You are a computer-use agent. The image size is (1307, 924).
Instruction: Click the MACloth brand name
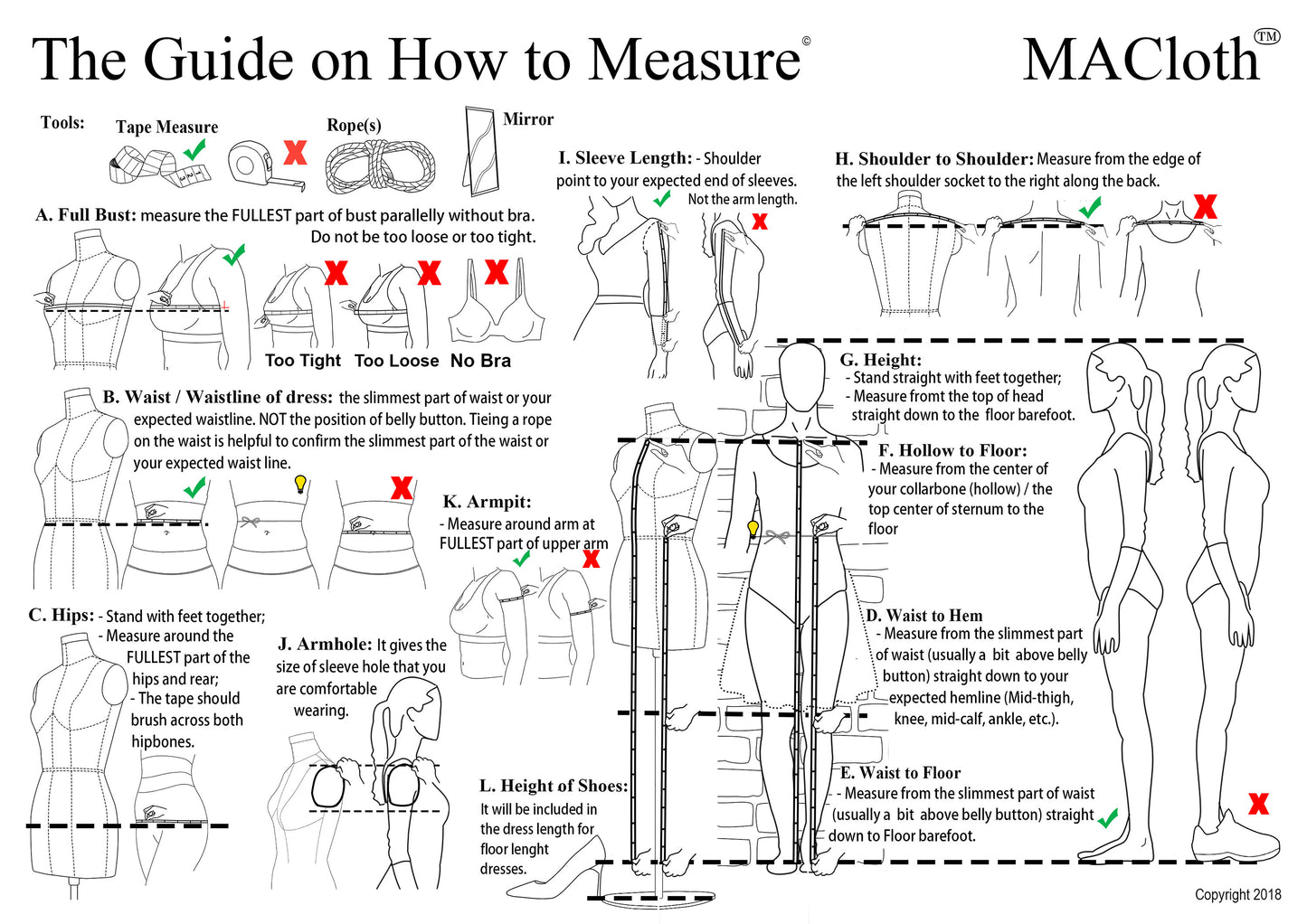[x=1141, y=61]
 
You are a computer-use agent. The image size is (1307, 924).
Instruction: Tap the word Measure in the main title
[x=694, y=61]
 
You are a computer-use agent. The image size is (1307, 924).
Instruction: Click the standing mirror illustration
[x=480, y=151]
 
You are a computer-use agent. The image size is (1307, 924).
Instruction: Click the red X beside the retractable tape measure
[x=295, y=152]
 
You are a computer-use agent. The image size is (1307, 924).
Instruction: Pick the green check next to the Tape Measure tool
[x=194, y=149]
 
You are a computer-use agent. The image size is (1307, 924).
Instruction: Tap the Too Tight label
[x=302, y=361]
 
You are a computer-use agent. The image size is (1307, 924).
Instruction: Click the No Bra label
[x=480, y=361]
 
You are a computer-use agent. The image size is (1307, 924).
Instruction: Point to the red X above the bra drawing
[x=496, y=271]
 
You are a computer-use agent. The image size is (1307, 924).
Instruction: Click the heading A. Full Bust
[x=86, y=215]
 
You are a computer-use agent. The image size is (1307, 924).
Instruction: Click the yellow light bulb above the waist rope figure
[x=300, y=484]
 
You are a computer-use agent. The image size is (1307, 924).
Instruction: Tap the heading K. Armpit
[x=487, y=502]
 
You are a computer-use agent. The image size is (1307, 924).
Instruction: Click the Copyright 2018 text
[x=1236, y=894]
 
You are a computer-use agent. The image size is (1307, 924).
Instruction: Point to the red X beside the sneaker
[x=1257, y=803]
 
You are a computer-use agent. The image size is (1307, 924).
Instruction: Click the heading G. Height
[x=880, y=360]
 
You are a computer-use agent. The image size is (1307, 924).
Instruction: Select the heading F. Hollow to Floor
[x=952, y=450]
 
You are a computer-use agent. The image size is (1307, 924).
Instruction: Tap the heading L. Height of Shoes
[x=553, y=786]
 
